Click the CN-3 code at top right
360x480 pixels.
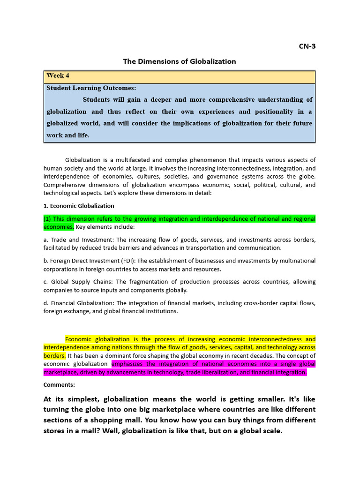tap(307, 46)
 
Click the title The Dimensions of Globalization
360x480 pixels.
tap(180, 61)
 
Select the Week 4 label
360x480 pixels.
tap(58, 76)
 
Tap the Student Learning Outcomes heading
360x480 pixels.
tap(91, 88)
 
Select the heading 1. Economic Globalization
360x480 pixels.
tap(79, 206)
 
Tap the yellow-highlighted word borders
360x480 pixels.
tap(54, 356)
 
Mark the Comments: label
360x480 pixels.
tap(59, 385)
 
